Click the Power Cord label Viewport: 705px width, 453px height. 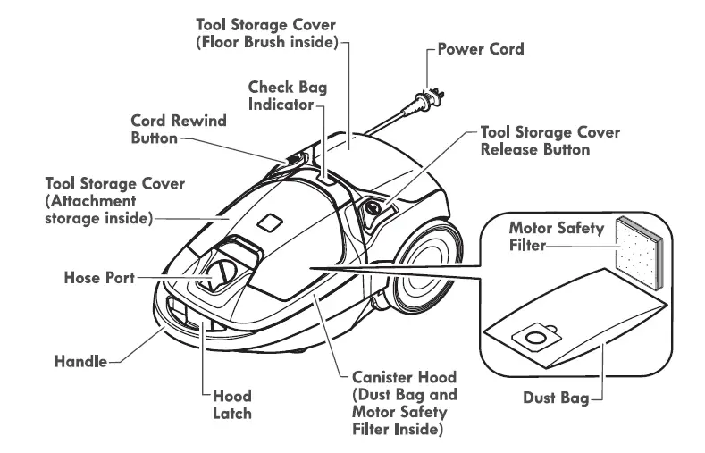pyautogui.click(x=479, y=49)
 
